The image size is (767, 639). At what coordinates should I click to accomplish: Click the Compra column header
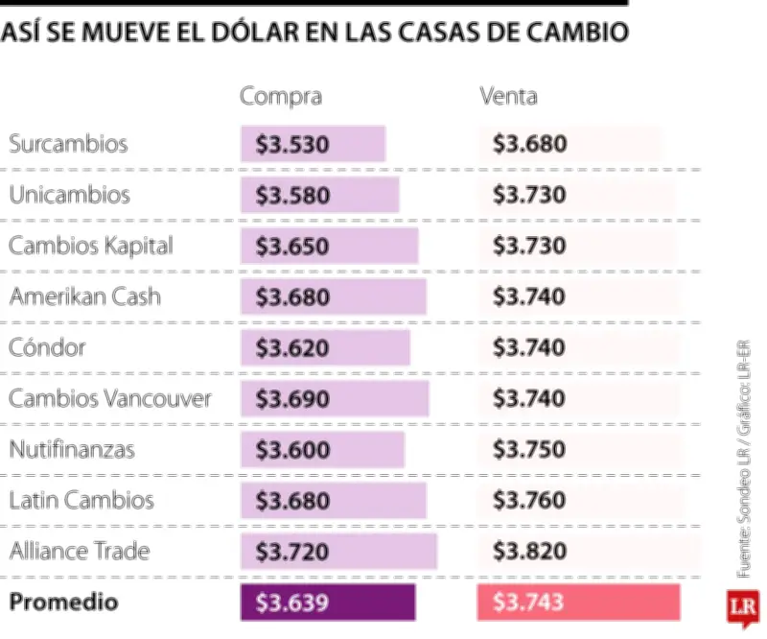pyautogui.click(x=280, y=96)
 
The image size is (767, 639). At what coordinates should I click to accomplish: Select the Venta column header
pyautogui.click(x=508, y=96)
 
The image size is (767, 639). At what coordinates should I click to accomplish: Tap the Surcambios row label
pyautogui.click(x=68, y=145)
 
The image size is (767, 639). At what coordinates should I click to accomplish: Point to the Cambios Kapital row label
pyautogui.click(x=91, y=246)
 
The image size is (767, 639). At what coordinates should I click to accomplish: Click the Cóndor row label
pyautogui.click(x=47, y=346)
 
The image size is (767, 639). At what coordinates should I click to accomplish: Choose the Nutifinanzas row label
pyautogui.click(x=72, y=448)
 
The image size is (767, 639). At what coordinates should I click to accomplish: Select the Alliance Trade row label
pyautogui.click(x=80, y=551)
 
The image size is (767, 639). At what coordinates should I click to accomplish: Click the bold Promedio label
pyautogui.click(x=63, y=603)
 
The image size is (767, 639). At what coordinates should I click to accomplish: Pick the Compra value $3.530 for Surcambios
pyautogui.click(x=293, y=145)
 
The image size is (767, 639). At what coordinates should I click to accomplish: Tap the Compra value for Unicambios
pyautogui.click(x=293, y=196)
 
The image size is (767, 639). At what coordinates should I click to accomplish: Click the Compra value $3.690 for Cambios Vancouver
pyautogui.click(x=293, y=398)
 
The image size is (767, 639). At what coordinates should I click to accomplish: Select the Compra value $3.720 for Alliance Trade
pyautogui.click(x=293, y=552)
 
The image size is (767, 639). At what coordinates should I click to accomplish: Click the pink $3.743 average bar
pyautogui.click(x=577, y=603)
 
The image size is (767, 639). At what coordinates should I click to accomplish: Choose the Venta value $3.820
pyautogui.click(x=529, y=552)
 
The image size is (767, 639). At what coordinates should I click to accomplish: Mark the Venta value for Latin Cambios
pyautogui.click(x=529, y=500)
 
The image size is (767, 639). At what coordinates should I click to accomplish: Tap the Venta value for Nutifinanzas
pyautogui.click(x=529, y=449)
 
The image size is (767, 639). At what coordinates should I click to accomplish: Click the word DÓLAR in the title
pyautogui.click(x=253, y=33)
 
